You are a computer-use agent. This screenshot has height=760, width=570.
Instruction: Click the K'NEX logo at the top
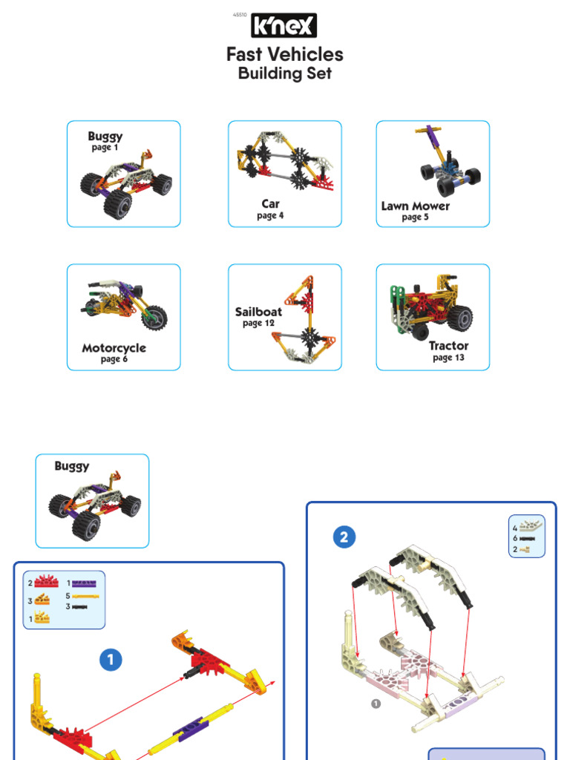(x=284, y=26)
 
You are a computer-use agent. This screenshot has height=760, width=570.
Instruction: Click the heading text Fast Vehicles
(x=284, y=54)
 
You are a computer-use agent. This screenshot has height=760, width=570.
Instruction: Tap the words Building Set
(x=284, y=73)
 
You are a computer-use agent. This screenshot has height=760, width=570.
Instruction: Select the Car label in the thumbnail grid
(x=270, y=203)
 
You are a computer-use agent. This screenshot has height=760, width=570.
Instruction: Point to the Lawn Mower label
(x=415, y=206)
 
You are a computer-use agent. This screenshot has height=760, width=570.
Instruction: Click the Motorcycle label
(x=114, y=348)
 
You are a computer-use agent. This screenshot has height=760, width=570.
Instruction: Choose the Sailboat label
(x=258, y=312)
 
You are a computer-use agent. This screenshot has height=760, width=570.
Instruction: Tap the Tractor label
(x=448, y=346)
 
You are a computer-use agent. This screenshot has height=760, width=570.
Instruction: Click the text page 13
(x=448, y=358)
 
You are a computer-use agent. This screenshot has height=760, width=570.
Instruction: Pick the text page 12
(x=258, y=324)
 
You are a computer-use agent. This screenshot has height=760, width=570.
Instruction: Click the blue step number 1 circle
(x=111, y=659)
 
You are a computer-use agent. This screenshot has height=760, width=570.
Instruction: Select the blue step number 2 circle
(x=344, y=537)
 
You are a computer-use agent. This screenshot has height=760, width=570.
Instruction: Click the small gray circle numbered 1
(x=376, y=704)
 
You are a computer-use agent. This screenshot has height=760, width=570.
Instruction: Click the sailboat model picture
(x=304, y=319)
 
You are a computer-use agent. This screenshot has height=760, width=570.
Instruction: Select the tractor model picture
(x=430, y=308)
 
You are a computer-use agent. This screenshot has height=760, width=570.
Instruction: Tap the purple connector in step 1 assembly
(x=189, y=727)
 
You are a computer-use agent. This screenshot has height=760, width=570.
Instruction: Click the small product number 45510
(x=240, y=15)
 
